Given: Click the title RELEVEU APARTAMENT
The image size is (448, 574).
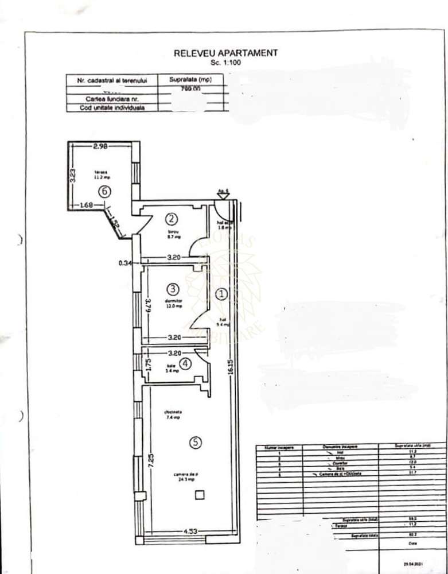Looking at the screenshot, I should click(225, 53).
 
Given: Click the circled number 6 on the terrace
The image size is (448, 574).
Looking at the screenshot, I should click(104, 192).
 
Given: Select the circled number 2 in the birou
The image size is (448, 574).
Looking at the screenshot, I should click(171, 218).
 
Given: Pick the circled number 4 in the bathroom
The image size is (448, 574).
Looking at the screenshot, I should click(185, 363).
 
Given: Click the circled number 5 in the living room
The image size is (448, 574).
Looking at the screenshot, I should click(196, 442).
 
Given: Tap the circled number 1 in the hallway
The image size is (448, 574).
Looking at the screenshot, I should click(221, 293).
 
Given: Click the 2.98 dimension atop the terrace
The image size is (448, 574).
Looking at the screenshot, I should click(101, 146).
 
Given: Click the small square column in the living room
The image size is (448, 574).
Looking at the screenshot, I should click(199, 494).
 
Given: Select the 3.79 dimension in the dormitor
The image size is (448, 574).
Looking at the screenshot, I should click(147, 302).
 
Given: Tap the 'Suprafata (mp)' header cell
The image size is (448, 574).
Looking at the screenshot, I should click(189, 80).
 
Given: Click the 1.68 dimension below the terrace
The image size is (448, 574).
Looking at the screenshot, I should click(87, 203).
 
